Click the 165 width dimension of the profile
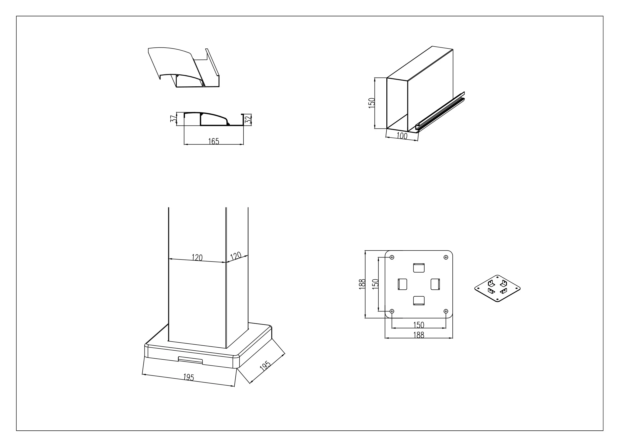[x=214, y=141]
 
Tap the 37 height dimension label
[x=173, y=119]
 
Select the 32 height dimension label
[x=248, y=120]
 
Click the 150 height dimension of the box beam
[x=372, y=103]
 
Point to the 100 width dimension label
[x=401, y=136]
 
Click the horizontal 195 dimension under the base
[x=188, y=377]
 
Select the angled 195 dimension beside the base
[x=265, y=366]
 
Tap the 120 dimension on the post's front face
[x=197, y=258]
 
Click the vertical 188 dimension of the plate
[x=362, y=284]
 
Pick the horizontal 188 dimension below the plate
[x=419, y=335]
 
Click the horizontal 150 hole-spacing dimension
[x=419, y=325]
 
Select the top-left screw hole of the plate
[x=392, y=257]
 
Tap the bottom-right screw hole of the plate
[x=446, y=311]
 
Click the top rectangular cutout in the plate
[x=419, y=268]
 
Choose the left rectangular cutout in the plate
[x=402, y=284]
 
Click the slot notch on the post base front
[x=190, y=360]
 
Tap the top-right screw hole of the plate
[x=446, y=257]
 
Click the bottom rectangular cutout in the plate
[x=419, y=300]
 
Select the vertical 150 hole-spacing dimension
[x=376, y=284]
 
